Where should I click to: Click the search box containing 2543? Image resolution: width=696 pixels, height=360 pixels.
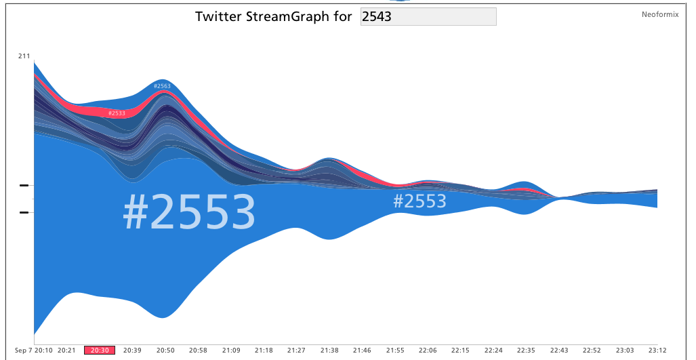(x=428, y=17)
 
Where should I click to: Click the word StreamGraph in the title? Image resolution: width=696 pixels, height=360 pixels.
(x=288, y=17)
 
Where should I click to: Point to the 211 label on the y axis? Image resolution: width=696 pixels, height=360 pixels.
(x=24, y=56)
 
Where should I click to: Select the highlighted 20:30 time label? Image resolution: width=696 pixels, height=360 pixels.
(x=100, y=351)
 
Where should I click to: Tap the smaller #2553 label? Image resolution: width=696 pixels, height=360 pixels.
(x=419, y=201)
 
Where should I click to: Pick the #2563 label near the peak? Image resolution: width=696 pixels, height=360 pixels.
(x=162, y=86)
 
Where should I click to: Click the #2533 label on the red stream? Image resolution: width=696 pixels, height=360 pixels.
(x=117, y=113)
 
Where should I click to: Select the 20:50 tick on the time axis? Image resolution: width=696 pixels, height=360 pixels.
(x=165, y=351)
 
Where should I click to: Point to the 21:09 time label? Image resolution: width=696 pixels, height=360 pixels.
(x=231, y=351)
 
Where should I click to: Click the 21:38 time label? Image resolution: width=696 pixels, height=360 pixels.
(x=329, y=351)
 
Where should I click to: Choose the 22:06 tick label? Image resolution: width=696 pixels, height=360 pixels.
(x=428, y=351)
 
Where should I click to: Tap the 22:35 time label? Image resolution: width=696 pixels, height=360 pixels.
(x=526, y=351)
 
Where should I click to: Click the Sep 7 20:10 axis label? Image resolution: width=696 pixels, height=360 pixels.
(x=33, y=351)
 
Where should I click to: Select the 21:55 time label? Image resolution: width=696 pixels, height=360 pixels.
(x=395, y=351)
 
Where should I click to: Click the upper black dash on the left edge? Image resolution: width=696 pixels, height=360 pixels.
(x=24, y=185)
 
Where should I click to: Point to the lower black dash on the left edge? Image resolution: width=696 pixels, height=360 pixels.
(x=24, y=213)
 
